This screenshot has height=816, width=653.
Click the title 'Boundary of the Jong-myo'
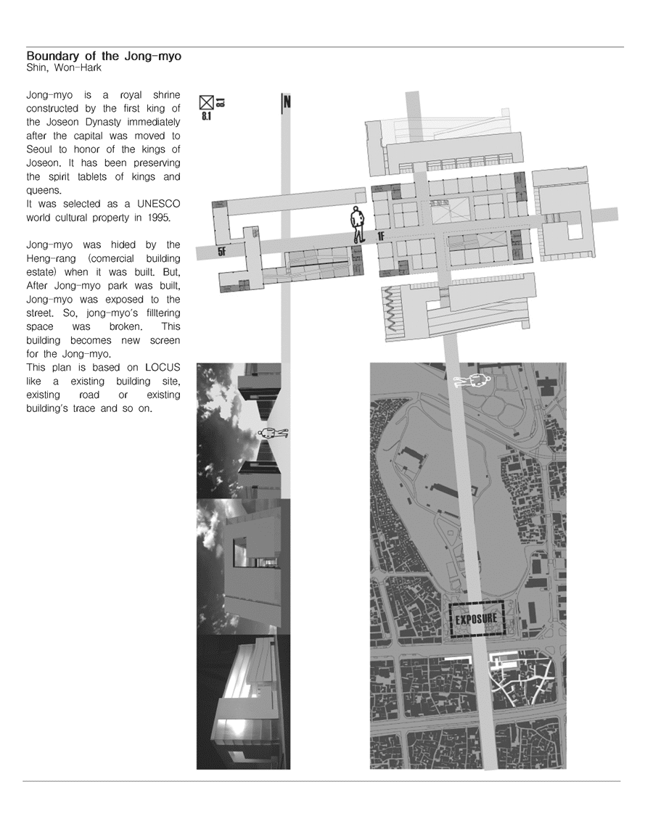(104, 56)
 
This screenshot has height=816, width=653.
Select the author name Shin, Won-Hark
(64, 68)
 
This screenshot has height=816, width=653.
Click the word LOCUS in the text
(163, 368)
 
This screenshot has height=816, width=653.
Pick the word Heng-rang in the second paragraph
(51, 259)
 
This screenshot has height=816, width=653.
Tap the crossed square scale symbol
(207, 102)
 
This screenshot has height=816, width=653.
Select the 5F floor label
(222, 252)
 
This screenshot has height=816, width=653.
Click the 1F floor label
(381, 236)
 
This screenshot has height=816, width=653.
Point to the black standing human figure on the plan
(357, 224)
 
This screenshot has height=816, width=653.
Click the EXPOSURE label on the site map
(476, 619)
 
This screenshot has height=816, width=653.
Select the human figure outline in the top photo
(274, 433)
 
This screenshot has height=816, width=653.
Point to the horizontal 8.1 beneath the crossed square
(206, 117)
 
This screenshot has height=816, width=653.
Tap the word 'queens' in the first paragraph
(44, 191)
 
